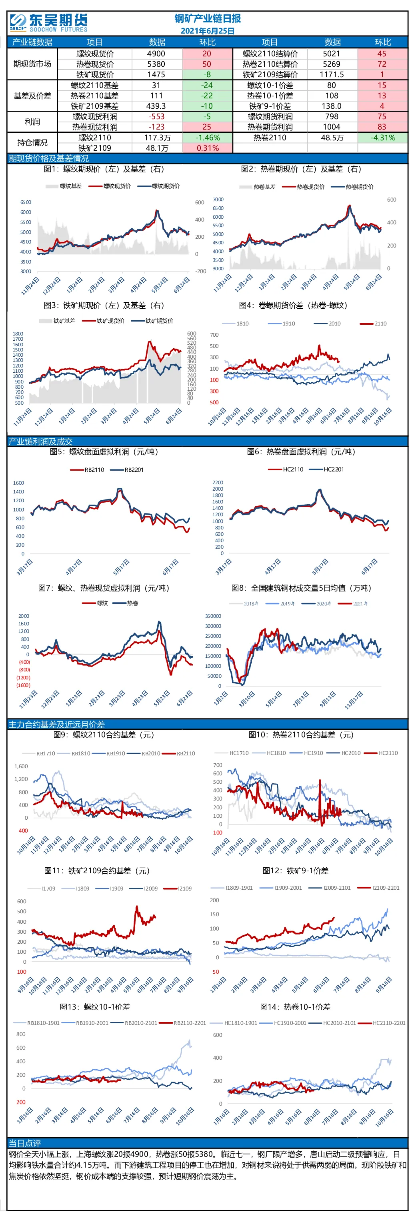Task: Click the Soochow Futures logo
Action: [48, 22]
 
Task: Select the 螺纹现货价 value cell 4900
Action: [156, 54]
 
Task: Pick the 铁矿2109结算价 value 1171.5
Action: [332, 74]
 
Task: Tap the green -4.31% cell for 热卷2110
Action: [383, 138]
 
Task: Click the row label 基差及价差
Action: [32, 96]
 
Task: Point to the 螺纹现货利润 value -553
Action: [156, 117]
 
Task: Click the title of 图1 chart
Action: [104, 169]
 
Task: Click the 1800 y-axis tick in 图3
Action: [18, 333]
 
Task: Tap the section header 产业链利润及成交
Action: [40, 441]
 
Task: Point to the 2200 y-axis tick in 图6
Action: [218, 482]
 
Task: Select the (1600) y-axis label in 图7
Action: [24, 685]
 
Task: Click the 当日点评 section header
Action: [24, 1143]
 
